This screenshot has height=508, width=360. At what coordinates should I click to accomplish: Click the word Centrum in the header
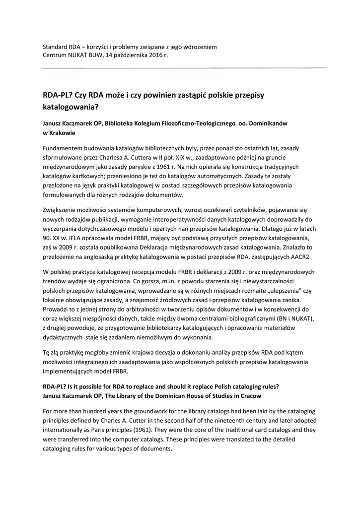click(55, 55)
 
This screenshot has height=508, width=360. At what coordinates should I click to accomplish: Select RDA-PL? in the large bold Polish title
click(58, 94)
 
